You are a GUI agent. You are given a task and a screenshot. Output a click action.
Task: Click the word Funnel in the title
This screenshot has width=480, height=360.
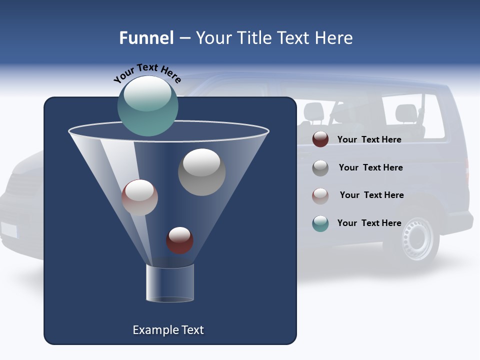point(146,38)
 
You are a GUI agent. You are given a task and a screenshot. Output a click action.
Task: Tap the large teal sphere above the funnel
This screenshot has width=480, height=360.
point(148,106)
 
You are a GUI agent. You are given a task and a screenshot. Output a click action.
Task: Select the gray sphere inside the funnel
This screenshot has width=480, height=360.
point(201,172)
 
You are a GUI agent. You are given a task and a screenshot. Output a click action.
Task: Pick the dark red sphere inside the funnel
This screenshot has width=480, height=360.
point(179,240)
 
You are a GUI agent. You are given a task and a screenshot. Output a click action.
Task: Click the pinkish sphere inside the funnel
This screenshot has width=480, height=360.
point(139,197)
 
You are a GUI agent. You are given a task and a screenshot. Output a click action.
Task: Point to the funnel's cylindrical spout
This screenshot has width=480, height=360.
point(170,283)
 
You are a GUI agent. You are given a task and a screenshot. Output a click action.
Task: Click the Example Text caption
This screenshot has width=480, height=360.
point(168,330)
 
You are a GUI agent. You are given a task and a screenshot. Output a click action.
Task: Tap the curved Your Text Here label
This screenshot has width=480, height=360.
point(147,73)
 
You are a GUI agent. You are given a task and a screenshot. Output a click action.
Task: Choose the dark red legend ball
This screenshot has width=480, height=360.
point(320,139)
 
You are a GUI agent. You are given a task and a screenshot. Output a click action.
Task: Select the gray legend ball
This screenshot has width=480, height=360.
point(320,168)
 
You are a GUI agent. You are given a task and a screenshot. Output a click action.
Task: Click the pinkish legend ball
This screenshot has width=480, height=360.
point(320,196)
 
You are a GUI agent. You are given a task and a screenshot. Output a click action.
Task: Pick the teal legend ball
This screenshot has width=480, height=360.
point(320,223)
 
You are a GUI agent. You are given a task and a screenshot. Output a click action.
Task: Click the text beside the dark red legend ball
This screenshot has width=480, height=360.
point(369,139)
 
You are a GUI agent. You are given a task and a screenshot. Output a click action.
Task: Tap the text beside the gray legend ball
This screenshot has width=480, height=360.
point(370,167)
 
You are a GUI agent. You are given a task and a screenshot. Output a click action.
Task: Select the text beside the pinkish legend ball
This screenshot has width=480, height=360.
point(371,195)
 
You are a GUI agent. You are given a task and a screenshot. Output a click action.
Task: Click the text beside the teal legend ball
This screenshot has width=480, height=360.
point(369,223)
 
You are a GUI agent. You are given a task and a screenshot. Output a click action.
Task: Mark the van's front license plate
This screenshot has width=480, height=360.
point(8,230)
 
